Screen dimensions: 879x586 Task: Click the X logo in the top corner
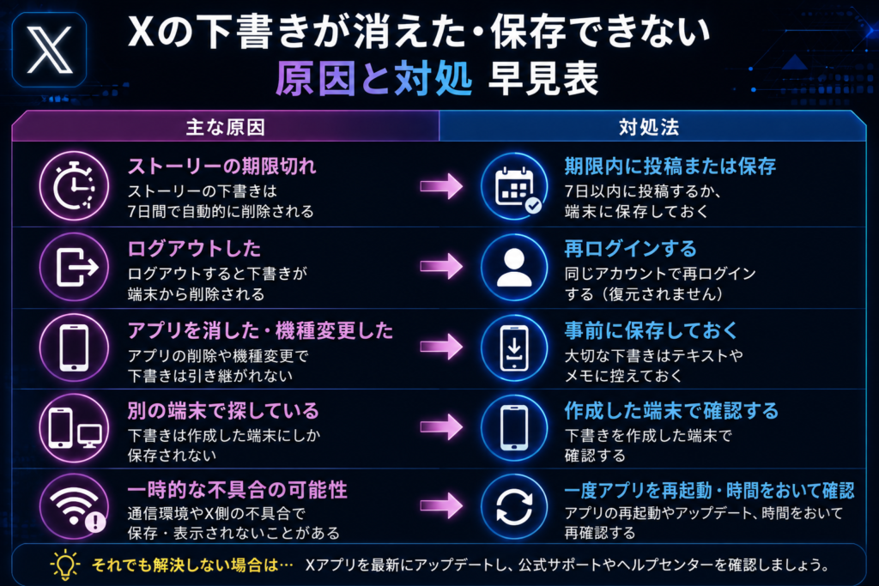point(49,50)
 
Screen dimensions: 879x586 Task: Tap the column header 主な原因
point(226,127)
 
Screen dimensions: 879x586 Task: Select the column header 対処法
point(649,127)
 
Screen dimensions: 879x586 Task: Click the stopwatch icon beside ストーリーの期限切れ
point(74,186)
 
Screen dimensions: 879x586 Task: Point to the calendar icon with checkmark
point(514,186)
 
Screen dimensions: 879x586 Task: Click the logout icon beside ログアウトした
point(74,267)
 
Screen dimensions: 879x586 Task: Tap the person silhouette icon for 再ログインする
point(514,267)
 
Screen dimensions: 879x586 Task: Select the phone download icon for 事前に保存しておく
point(514,347)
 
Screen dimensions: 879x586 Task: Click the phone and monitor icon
point(74,428)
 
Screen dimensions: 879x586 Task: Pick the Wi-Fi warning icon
point(74,507)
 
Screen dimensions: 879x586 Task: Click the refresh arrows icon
point(514,507)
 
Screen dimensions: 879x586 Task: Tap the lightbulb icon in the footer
point(64,565)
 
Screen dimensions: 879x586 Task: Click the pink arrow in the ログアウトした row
point(441,267)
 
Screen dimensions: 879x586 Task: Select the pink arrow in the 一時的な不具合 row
point(441,506)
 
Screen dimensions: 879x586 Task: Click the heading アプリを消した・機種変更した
point(260,330)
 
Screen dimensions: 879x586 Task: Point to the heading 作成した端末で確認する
point(671,411)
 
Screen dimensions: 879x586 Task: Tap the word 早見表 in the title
point(543,78)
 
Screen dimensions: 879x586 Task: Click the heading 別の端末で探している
point(223,411)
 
